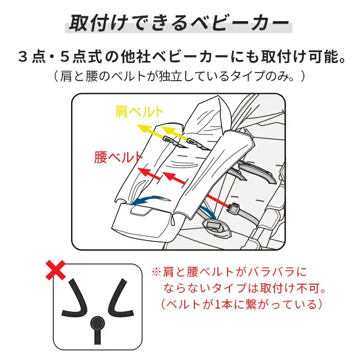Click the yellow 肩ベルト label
point(140,112)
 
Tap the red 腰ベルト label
point(118,157)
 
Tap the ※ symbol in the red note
point(156,272)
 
